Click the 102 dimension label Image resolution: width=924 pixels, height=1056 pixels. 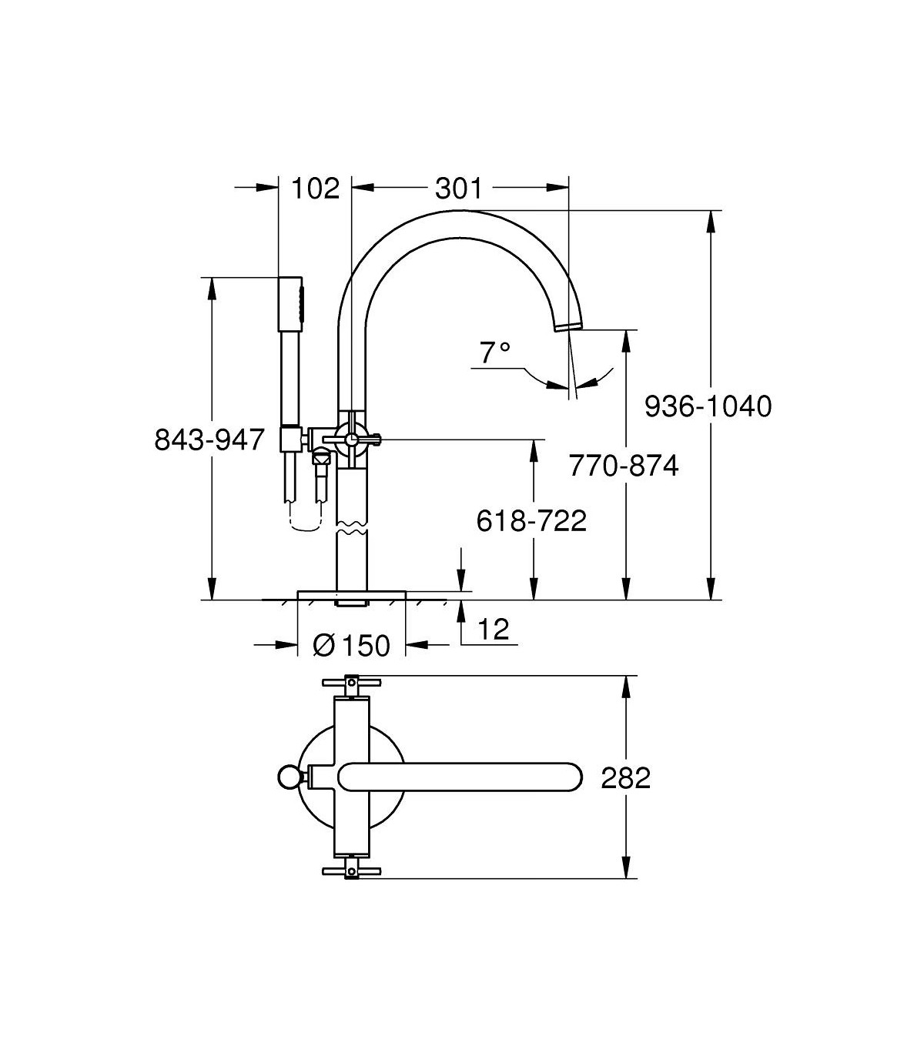316,189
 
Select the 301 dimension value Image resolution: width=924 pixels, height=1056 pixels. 458,189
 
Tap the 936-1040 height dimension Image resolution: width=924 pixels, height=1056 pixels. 708,406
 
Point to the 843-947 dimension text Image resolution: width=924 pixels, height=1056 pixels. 209,439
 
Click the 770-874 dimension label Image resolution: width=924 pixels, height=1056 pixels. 624,465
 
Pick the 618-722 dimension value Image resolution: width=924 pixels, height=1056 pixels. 531,520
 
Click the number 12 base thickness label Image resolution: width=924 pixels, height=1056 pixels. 494,629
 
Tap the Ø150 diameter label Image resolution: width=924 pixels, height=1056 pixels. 352,645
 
